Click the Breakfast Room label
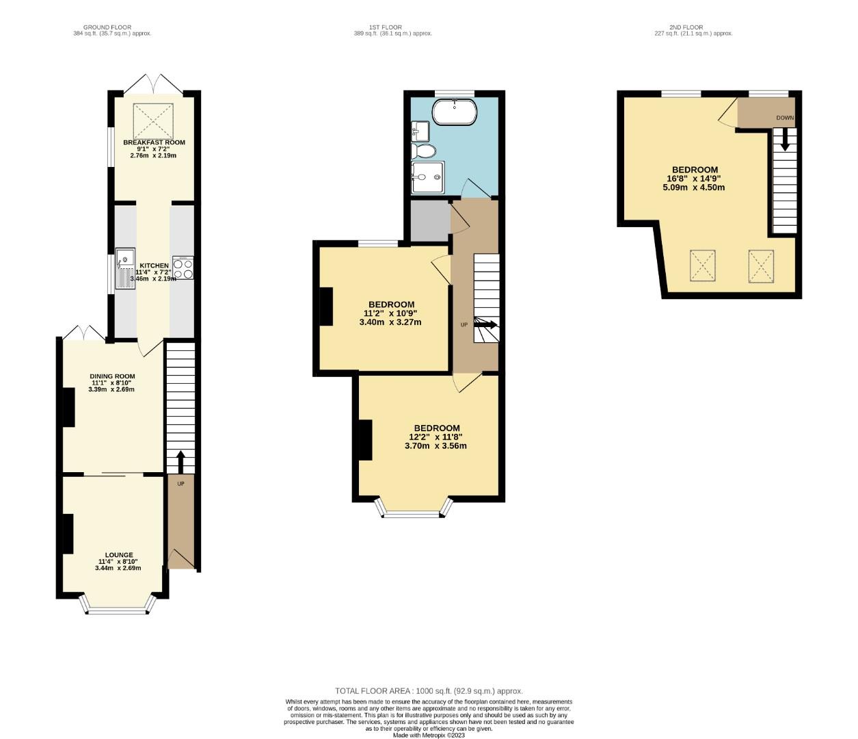pos(154,142)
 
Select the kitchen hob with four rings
pos(183,268)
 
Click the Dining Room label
pos(112,376)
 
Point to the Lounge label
pos(119,555)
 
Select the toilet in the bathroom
pos(423,151)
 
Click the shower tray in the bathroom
pos(427,177)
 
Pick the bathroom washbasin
pos(420,130)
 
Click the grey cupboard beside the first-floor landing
pos(429,218)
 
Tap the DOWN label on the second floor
pos(785,118)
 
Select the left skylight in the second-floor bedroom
pos(703,265)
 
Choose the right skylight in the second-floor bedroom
pos(761,265)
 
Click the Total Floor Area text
pos(429,691)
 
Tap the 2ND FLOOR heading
pos(686,27)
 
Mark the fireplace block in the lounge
pos(68,533)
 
